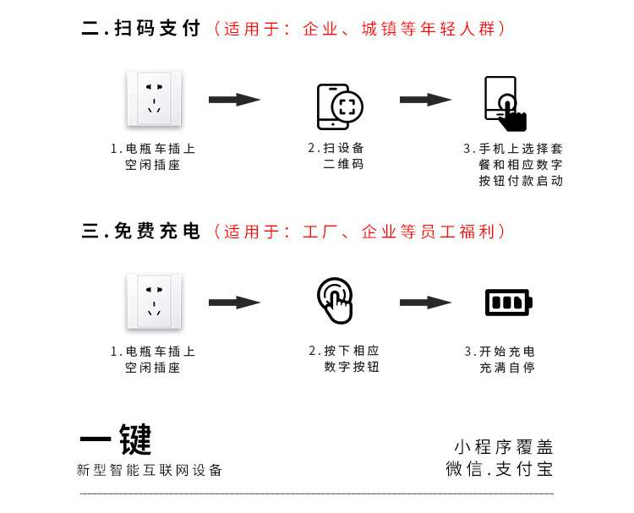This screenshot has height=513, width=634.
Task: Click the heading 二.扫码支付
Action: [x=141, y=29]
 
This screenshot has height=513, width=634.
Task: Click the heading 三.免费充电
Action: [x=141, y=232]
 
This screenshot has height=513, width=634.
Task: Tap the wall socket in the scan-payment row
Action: [x=153, y=98]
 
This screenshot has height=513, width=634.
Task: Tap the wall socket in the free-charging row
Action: [x=153, y=301]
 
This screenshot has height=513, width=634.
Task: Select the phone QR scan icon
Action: [x=339, y=106]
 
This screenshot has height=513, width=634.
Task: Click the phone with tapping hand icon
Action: [x=505, y=104]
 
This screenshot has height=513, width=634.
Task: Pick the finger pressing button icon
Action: [x=336, y=300]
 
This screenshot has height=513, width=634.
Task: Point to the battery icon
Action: [x=508, y=302]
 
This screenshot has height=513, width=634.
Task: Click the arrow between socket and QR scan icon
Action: [x=234, y=100]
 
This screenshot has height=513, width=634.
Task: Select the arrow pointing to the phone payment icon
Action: [x=425, y=100]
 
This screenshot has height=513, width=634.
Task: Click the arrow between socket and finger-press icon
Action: [x=234, y=302]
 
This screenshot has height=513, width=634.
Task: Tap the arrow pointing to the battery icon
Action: [x=425, y=302]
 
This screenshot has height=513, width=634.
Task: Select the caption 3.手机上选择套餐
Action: [x=514, y=165]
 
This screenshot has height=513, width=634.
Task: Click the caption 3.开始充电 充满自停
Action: [x=506, y=359]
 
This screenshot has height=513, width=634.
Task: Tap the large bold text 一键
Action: [x=116, y=439]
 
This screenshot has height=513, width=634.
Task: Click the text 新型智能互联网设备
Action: [x=150, y=470]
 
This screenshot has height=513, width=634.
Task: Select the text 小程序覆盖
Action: [x=503, y=447]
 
